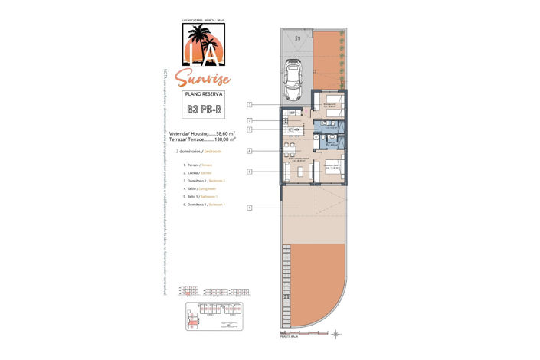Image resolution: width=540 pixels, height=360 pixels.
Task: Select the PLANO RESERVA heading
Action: pos(203,93)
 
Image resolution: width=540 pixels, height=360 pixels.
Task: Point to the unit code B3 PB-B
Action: pos(204,110)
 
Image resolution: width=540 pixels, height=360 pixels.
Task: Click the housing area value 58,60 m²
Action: pos(225,133)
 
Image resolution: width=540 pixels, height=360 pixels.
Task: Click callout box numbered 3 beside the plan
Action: pos(250,104)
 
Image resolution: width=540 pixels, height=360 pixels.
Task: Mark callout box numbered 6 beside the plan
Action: pos(250,172)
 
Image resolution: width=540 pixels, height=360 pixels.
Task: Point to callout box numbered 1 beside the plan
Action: pos(250,208)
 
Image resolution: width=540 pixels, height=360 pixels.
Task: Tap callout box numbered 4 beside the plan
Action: pos(250,151)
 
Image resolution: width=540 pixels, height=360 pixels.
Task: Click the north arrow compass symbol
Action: pos(336,333)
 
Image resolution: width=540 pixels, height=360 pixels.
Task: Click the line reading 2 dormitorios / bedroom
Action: pos(203,152)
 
